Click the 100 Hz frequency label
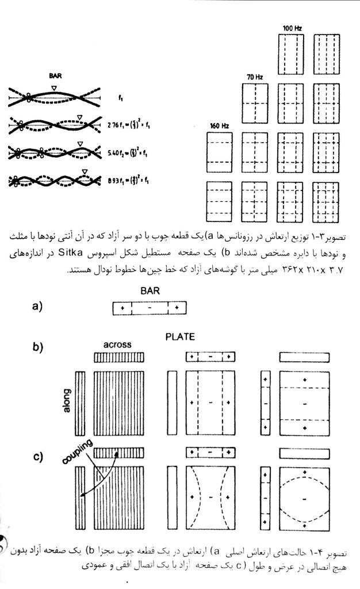click(x=292, y=28)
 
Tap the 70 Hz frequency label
click(x=254, y=77)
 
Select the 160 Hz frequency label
click(x=216, y=125)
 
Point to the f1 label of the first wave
click(x=120, y=98)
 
